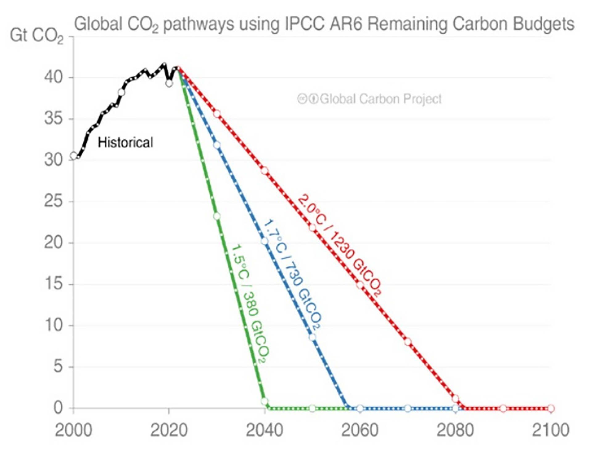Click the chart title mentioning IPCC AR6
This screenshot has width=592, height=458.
point(324,24)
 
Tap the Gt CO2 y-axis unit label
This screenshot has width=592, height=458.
point(36,36)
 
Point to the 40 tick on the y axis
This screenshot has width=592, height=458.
point(54,77)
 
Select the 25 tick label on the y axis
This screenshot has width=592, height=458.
point(54,201)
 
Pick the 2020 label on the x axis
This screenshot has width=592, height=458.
point(169,430)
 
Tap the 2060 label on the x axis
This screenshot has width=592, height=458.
point(360,430)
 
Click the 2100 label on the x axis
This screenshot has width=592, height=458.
point(551,430)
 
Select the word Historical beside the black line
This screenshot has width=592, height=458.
point(125,143)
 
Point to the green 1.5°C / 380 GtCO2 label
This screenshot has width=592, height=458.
point(250,304)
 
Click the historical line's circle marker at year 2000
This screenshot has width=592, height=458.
point(74,156)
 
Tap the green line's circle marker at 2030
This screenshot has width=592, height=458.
point(217,216)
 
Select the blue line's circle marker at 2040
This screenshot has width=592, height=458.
point(265,241)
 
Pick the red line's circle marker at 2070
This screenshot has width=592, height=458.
point(408,342)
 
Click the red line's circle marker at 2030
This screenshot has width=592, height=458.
point(217,114)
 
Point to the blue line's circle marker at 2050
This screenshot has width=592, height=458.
point(312,337)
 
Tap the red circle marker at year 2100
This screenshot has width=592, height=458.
point(551,409)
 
